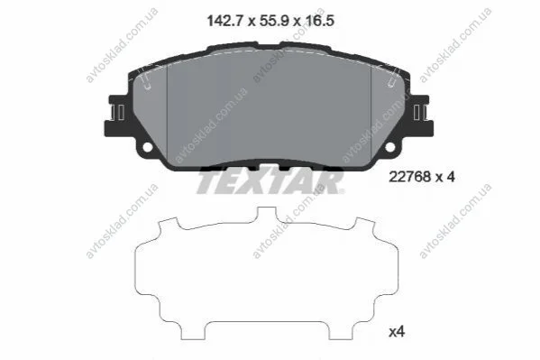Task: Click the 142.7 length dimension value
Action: pos(226,21)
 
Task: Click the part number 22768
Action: pos(410,177)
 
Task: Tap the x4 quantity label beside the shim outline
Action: pos(397,332)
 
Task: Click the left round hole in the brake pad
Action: pos(148,147)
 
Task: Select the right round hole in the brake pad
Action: pos(389,147)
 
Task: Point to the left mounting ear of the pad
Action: pos(118,115)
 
